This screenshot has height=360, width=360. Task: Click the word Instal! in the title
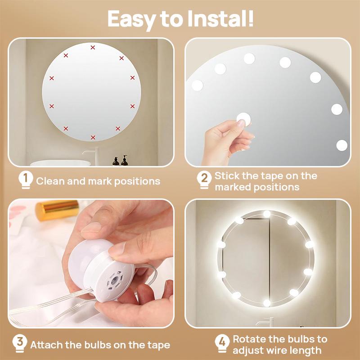click(x=218, y=19)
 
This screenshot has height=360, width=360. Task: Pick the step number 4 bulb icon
click(x=221, y=344)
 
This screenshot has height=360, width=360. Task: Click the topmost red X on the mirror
click(x=93, y=47)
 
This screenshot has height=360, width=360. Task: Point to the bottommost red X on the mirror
click(x=93, y=137)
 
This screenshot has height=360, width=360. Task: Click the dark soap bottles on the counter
click(x=120, y=161)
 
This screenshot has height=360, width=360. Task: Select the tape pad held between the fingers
click(x=243, y=120)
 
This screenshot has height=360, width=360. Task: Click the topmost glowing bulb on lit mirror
click(x=267, y=214)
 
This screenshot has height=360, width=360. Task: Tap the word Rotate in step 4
click(x=249, y=339)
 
